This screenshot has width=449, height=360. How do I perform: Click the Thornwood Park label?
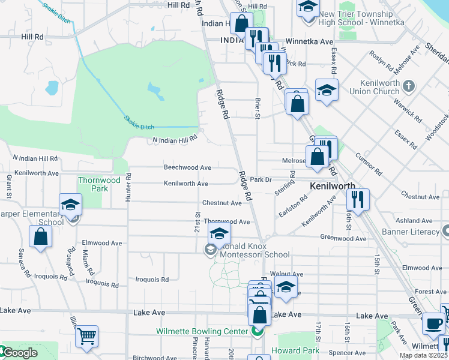coord(99,184)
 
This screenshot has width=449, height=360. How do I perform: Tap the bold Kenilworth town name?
coord(333,187)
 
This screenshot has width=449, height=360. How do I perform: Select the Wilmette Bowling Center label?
coord(202,331)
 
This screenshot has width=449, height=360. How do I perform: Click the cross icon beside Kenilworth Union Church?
coord(409,86)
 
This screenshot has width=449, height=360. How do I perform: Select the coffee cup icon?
coord(434,323)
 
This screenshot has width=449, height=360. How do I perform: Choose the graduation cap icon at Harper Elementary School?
coord(71,205)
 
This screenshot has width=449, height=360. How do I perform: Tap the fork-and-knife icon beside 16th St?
coord(358,199)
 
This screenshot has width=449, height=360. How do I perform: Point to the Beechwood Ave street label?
coord(188,168)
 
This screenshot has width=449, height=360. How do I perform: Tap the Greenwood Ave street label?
coord(343,238)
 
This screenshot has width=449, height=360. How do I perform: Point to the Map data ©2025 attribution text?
coord(423,355)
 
